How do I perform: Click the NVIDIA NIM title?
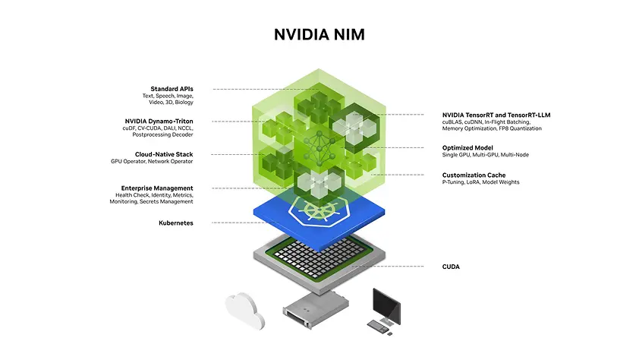pos(319,35)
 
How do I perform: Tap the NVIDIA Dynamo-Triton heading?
pos(159,121)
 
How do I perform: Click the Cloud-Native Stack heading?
pos(164,154)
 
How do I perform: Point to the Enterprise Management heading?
pos(157,188)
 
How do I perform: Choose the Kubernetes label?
pos(176,223)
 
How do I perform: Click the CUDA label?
pos(451,267)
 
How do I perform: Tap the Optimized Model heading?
pos(467,147)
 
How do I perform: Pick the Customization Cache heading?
pos(474,175)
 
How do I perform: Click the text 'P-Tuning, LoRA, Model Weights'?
pos(481,182)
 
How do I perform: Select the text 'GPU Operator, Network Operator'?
pos(152,162)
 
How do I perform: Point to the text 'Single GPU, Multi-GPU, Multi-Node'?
pos(486,155)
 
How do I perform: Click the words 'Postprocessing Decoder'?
pos(162,135)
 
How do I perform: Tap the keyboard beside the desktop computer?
pos(376,325)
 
